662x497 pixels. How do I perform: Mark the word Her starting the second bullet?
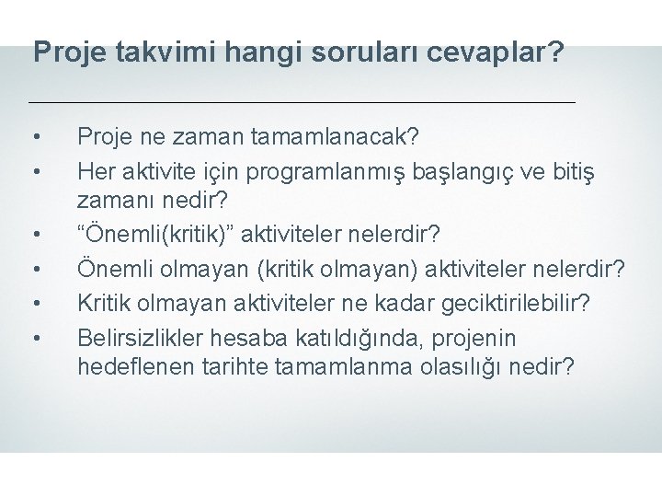97,170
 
